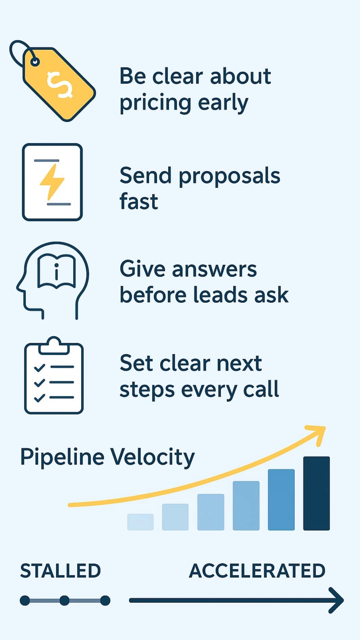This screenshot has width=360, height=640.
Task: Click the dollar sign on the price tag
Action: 60,85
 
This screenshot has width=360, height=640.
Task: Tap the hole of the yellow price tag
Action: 35,62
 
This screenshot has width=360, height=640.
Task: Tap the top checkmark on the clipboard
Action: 40,367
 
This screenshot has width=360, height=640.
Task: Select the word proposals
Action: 229,176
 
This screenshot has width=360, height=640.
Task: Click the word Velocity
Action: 152,457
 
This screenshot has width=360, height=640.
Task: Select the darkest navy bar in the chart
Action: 316,493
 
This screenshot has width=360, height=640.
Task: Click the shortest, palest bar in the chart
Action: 140,521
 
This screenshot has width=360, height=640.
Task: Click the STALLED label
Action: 61,571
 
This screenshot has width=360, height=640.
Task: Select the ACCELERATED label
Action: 257,571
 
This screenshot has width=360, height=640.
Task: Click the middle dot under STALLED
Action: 64,600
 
